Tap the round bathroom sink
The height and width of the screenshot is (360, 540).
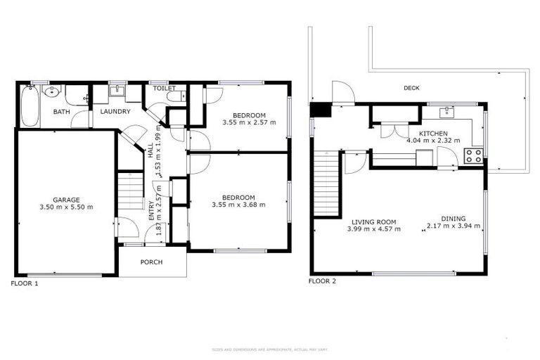click(53, 91)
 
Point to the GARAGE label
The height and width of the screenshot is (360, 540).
click(65, 200)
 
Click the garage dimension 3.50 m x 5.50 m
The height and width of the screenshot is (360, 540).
click(65, 207)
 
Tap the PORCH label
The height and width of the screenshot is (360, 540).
click(151, 262)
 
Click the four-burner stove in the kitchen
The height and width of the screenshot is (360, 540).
click(473, 156)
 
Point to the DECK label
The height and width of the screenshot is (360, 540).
click(411, 89)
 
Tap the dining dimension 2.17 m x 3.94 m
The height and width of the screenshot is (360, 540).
click(453, 226)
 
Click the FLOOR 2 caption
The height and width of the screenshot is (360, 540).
click(323, 281)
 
